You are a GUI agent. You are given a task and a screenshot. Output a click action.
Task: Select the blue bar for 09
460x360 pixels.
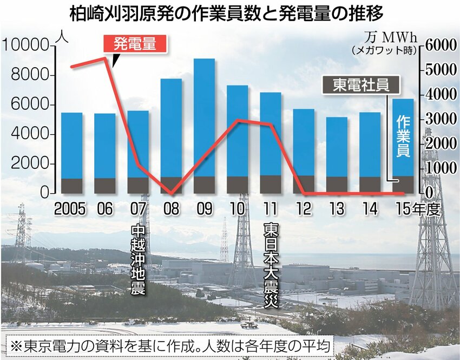pos(204,116)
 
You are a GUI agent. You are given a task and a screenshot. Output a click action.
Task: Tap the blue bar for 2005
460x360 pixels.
pos(71,145)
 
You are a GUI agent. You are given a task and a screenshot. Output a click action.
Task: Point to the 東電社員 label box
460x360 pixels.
pos(361,84)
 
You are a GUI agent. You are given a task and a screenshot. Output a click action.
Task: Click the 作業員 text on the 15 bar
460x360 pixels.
pos(403,135)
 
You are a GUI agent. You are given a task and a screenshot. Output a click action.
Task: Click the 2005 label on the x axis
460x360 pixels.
pos(71,209)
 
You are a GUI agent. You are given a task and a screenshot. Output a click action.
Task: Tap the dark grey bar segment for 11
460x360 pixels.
pos(271,185)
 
